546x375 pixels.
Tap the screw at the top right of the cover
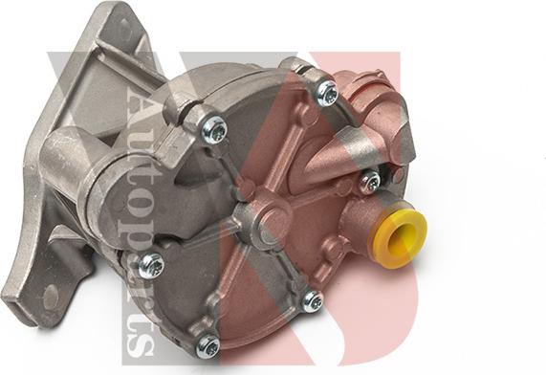pos(327,92)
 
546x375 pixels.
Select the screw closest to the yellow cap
pos(369,181)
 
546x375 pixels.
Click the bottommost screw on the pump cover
pos(207,344)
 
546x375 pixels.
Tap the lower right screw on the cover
pos(311,301)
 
